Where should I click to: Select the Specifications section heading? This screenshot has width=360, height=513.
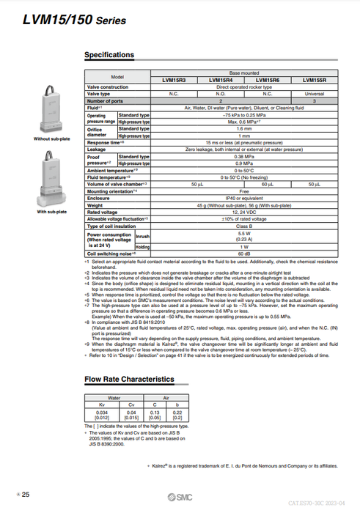[109, 55]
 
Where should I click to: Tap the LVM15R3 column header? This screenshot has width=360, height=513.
[174, 81]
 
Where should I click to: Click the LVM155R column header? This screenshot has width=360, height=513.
[315, 81]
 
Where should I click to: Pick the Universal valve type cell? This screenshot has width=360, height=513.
[315, 94]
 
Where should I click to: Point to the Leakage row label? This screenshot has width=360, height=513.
[97, 149]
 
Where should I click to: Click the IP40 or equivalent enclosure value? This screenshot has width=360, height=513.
[244, 198]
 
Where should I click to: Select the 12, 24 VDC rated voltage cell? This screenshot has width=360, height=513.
[244, 212]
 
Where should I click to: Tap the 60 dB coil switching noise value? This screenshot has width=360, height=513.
[244, 253]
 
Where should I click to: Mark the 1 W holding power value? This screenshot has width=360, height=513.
[244, 246]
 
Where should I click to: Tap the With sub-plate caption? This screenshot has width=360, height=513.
[51, 212]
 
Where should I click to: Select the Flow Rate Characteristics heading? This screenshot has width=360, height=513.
[129, 379]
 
